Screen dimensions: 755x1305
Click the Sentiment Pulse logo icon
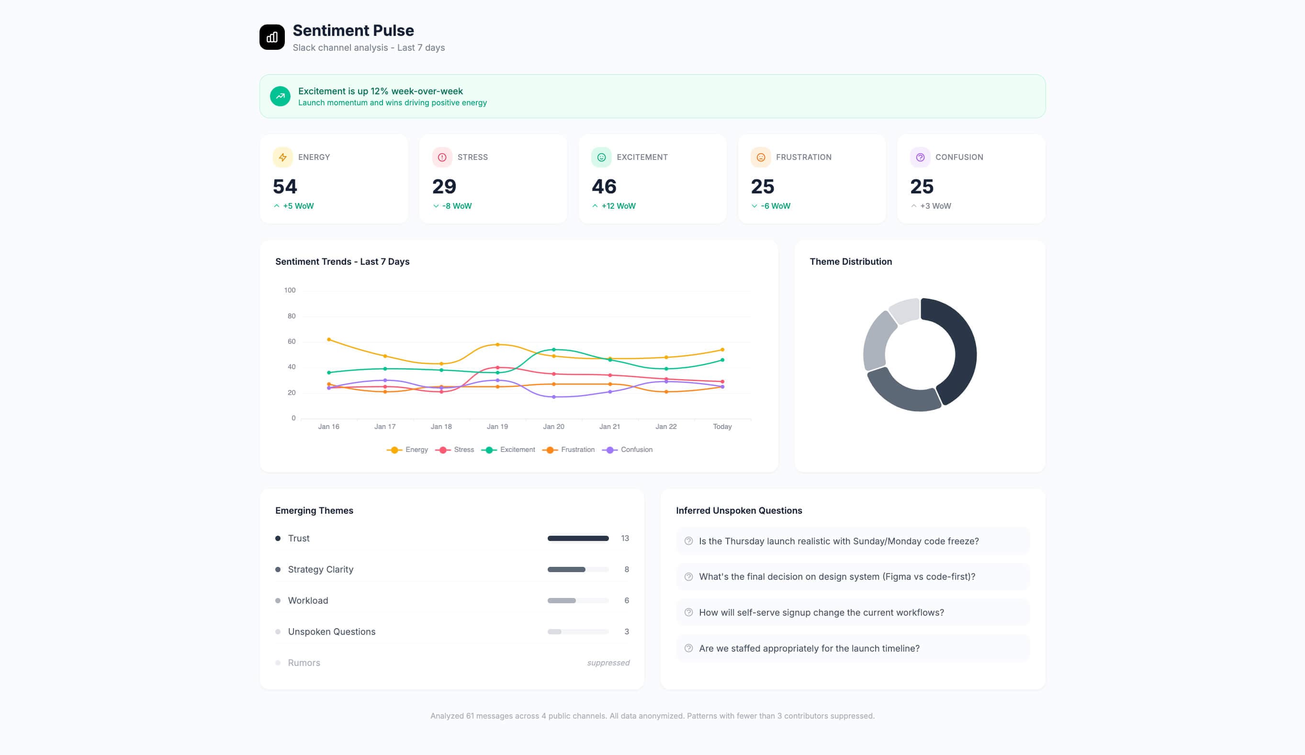(x=272, y=37)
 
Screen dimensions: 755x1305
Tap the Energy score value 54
(x=285, y=186)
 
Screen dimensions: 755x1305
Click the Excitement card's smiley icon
(x=601, y=158)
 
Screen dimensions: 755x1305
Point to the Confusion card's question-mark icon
(x=920, y=158)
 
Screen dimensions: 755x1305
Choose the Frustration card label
(x=803, y=158)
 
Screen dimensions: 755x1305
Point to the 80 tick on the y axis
(x=292, y=316)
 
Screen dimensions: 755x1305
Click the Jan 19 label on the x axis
(x=497, y=427)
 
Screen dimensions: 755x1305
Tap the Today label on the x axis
(x=722, y=427)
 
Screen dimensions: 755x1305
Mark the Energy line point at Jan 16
(x=329, y=340)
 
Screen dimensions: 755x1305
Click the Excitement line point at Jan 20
(x=553, y=349)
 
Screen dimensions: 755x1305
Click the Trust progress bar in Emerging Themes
(x=578, y=539)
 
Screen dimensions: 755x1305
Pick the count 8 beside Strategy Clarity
(x=627, y=570)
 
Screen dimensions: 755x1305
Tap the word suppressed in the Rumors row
(x=608, y=663)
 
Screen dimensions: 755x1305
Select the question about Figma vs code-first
(x=837, y=577)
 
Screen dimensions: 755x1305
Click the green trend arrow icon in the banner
(x=280, y=96)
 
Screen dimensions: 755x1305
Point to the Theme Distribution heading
(x=850, y=262)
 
